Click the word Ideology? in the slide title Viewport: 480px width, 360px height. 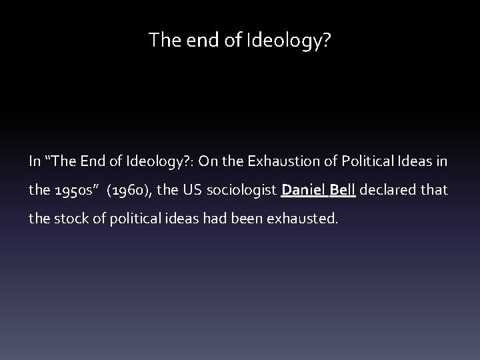tap(297, 41)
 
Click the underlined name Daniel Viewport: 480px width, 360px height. tap(303, 190)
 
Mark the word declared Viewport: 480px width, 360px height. tap(391, 190)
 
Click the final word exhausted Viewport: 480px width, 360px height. tap(310, 219)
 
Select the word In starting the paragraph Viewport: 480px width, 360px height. tap(34, 161)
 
